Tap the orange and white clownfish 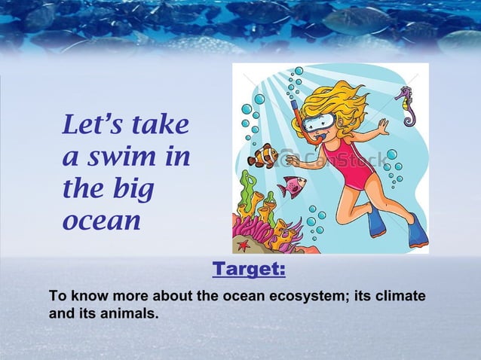pos(263,155)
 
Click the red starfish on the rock pos(244,245)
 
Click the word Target pos(249,269)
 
